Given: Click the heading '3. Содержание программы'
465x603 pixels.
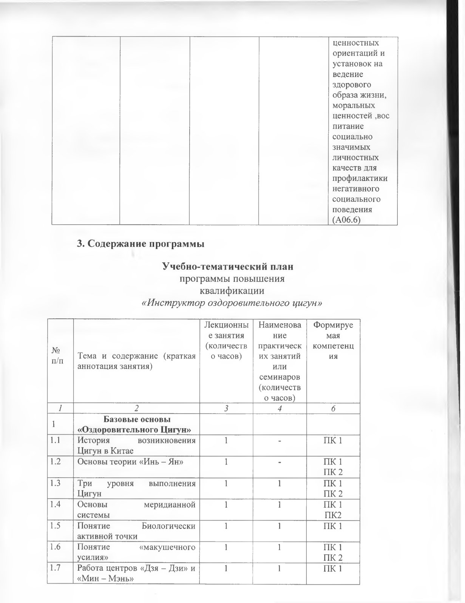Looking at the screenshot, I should tap(141, 244).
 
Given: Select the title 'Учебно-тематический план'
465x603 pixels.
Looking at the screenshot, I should tap(227, 267).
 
